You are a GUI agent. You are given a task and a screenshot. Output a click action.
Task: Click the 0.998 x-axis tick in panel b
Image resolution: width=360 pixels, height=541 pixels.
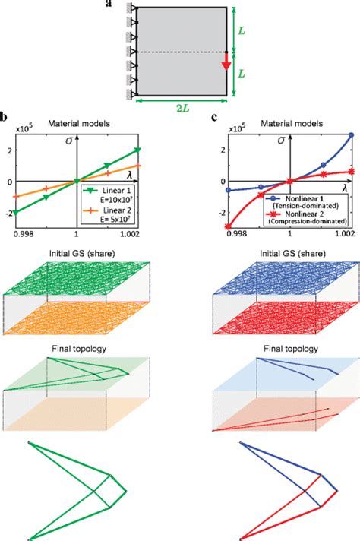coord(17,231)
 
